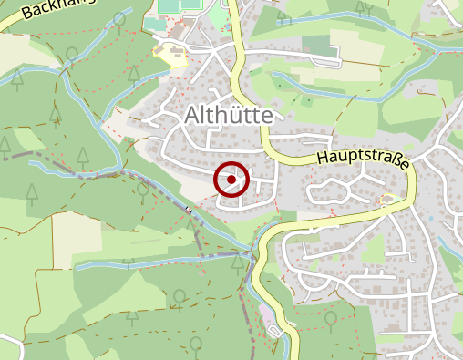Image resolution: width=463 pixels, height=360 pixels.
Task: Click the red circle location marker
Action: coord(231,180)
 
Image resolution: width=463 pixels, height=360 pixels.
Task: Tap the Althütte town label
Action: coord(233,115)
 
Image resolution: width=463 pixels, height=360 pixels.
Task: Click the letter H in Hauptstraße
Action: coord(324,156)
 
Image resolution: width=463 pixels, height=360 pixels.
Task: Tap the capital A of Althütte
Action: coord(193,115)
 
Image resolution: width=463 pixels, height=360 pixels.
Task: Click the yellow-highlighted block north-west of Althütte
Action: coord(170,56)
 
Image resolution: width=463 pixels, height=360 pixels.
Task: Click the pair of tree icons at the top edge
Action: coord(364,8)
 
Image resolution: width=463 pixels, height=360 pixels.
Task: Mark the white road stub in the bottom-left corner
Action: coord(11,347)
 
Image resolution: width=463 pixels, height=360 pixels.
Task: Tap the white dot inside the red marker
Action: coord(231,180)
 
